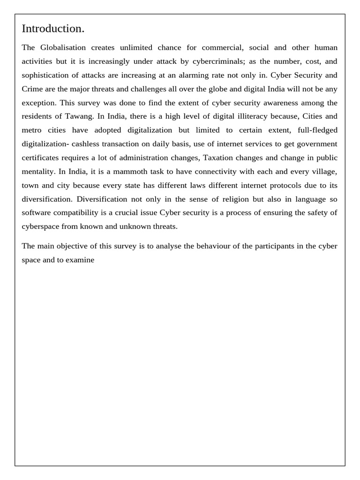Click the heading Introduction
[x=53, y=29]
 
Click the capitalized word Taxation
[x=222, y=157]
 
